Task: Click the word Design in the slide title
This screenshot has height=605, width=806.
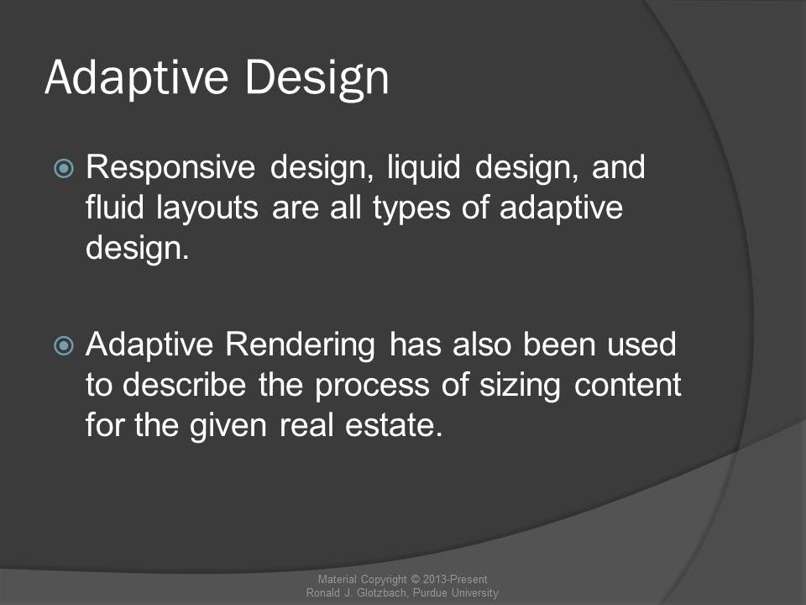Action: pyautogui.click(x=317, y=79)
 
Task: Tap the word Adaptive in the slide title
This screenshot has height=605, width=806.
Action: pyautogui.click(x=136, y=77)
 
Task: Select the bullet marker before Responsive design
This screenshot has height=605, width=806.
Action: pyautogui.click(x=64, y=168)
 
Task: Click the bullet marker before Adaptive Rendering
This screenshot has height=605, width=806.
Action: pyautogui.click(x=64, y=345)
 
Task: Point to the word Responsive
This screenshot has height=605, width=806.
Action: pyautogui.click(x=170, y=169)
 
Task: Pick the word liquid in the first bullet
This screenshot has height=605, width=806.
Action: pyautogui.click(x=423, y=169)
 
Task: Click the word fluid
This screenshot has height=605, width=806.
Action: pyautogui.click(x=114, y=207)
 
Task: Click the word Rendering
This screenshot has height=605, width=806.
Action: pyautogui.click(x=301, y=345)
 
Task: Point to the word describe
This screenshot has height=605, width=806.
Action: pyautogui.click(x=184, y=385)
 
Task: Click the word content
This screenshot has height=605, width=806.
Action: pyautogui.click(x=628, y=386)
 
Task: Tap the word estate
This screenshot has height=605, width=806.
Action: pyautogui.click(x=393, y=426)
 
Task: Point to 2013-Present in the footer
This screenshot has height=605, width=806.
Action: pyautogui.click(x=455, y=579)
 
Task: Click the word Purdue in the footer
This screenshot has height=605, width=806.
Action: pyautogui.click(x=431, y=592)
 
